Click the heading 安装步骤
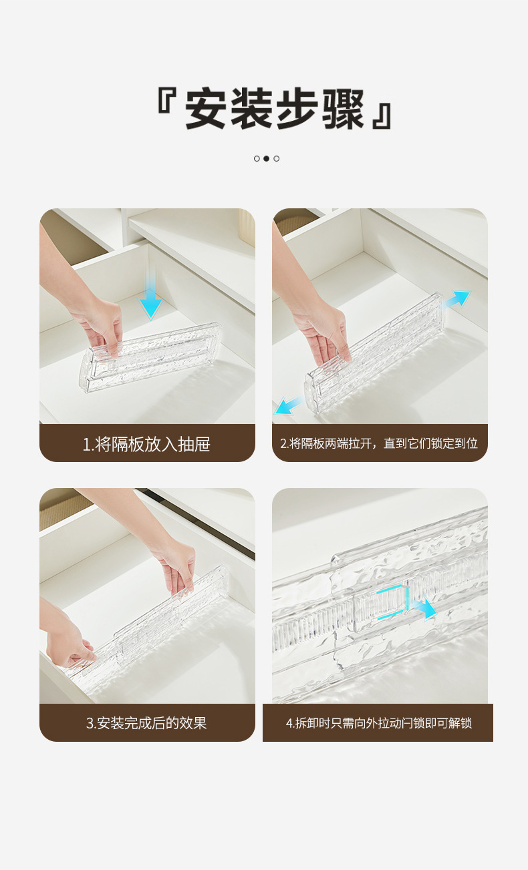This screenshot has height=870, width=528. click(275, 109)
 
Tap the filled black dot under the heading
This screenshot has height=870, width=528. click(266, 158)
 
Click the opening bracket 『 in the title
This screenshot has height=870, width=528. click(166, 100)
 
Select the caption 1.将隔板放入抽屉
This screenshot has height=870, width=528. click(146, 444)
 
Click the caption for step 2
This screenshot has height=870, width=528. click(379, 443)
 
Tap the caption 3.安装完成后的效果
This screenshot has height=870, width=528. click(146, 723)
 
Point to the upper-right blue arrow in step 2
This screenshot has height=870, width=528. click(458, 299)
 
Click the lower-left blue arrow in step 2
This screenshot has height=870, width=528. click(288, 406)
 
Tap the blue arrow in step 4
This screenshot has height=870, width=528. click(424, 608)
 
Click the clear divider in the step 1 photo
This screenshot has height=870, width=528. click(150, 357)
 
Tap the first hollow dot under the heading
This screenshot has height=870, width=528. click(257, 158)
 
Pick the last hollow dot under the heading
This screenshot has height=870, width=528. click(277, 158)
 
